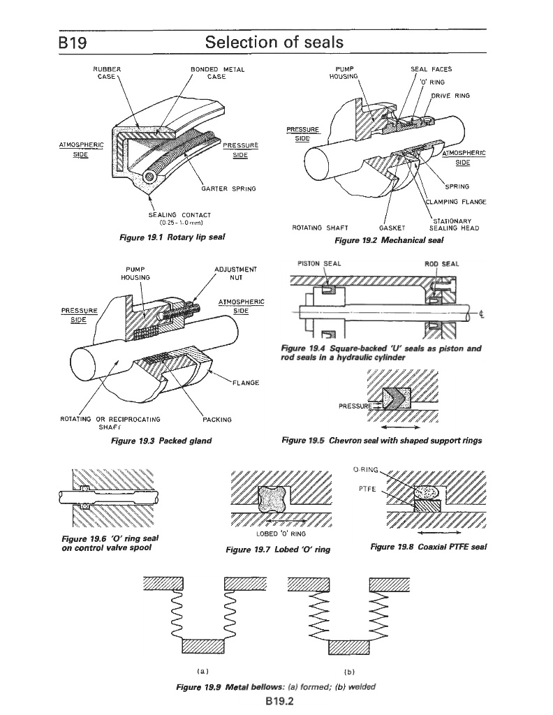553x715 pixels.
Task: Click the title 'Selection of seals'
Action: tap(274, 43)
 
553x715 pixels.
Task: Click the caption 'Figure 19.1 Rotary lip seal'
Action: tap(172, 238)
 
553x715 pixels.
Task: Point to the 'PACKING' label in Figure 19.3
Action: tap(216, 420)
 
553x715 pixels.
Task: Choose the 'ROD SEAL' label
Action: tap(439, 265)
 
